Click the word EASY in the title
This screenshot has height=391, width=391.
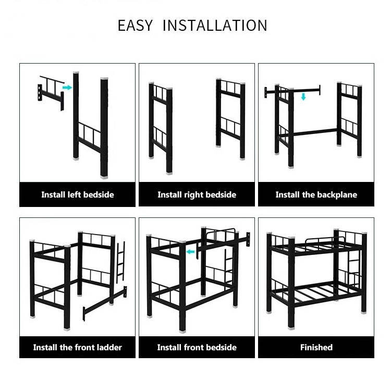click(x=135, y=26)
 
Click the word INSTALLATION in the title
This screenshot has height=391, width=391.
click(x=215, y=26)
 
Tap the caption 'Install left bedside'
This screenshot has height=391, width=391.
click(x=78, y=194)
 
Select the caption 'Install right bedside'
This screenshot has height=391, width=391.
click(x=197, y=194)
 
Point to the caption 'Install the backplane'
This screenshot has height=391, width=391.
click(x=316, y=194)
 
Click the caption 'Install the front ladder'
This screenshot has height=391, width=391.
click(x=78, y=347)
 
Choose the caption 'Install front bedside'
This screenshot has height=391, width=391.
click(x=197, y=347)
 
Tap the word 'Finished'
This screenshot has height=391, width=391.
click(x=316, y=347)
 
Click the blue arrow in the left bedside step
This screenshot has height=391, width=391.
click(x=67, y=88)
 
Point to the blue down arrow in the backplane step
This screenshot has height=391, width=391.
click(x=303, y=96)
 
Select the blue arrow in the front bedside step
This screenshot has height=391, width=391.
click(x=190, y=252)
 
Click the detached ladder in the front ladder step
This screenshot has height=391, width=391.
click(x=121, y=262)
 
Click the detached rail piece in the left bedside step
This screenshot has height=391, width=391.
click(x=51, y=93)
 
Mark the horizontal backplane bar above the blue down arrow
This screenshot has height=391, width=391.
click(x=292, y=91)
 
